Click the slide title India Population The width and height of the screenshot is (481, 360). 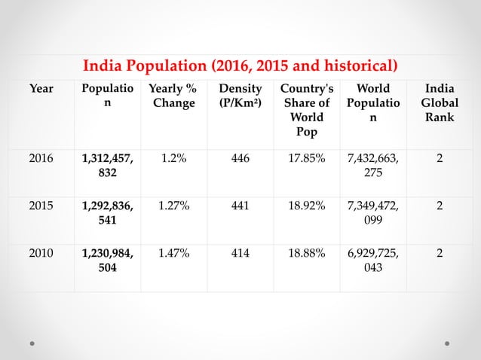coord(240,63)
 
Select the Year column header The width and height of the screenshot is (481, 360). coord(41,89)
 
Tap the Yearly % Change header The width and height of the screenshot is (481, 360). coord(173,96)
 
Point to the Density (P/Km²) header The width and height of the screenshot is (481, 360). coord(240,96)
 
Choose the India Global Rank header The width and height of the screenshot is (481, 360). coord(440,103)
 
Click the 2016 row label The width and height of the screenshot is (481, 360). coord(41,157)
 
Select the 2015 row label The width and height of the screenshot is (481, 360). coord(41,206)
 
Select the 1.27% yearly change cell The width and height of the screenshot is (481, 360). coord(173,206)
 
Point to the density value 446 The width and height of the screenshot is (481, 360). coord(240,157)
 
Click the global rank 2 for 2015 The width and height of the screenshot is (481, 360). coord(440,206)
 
